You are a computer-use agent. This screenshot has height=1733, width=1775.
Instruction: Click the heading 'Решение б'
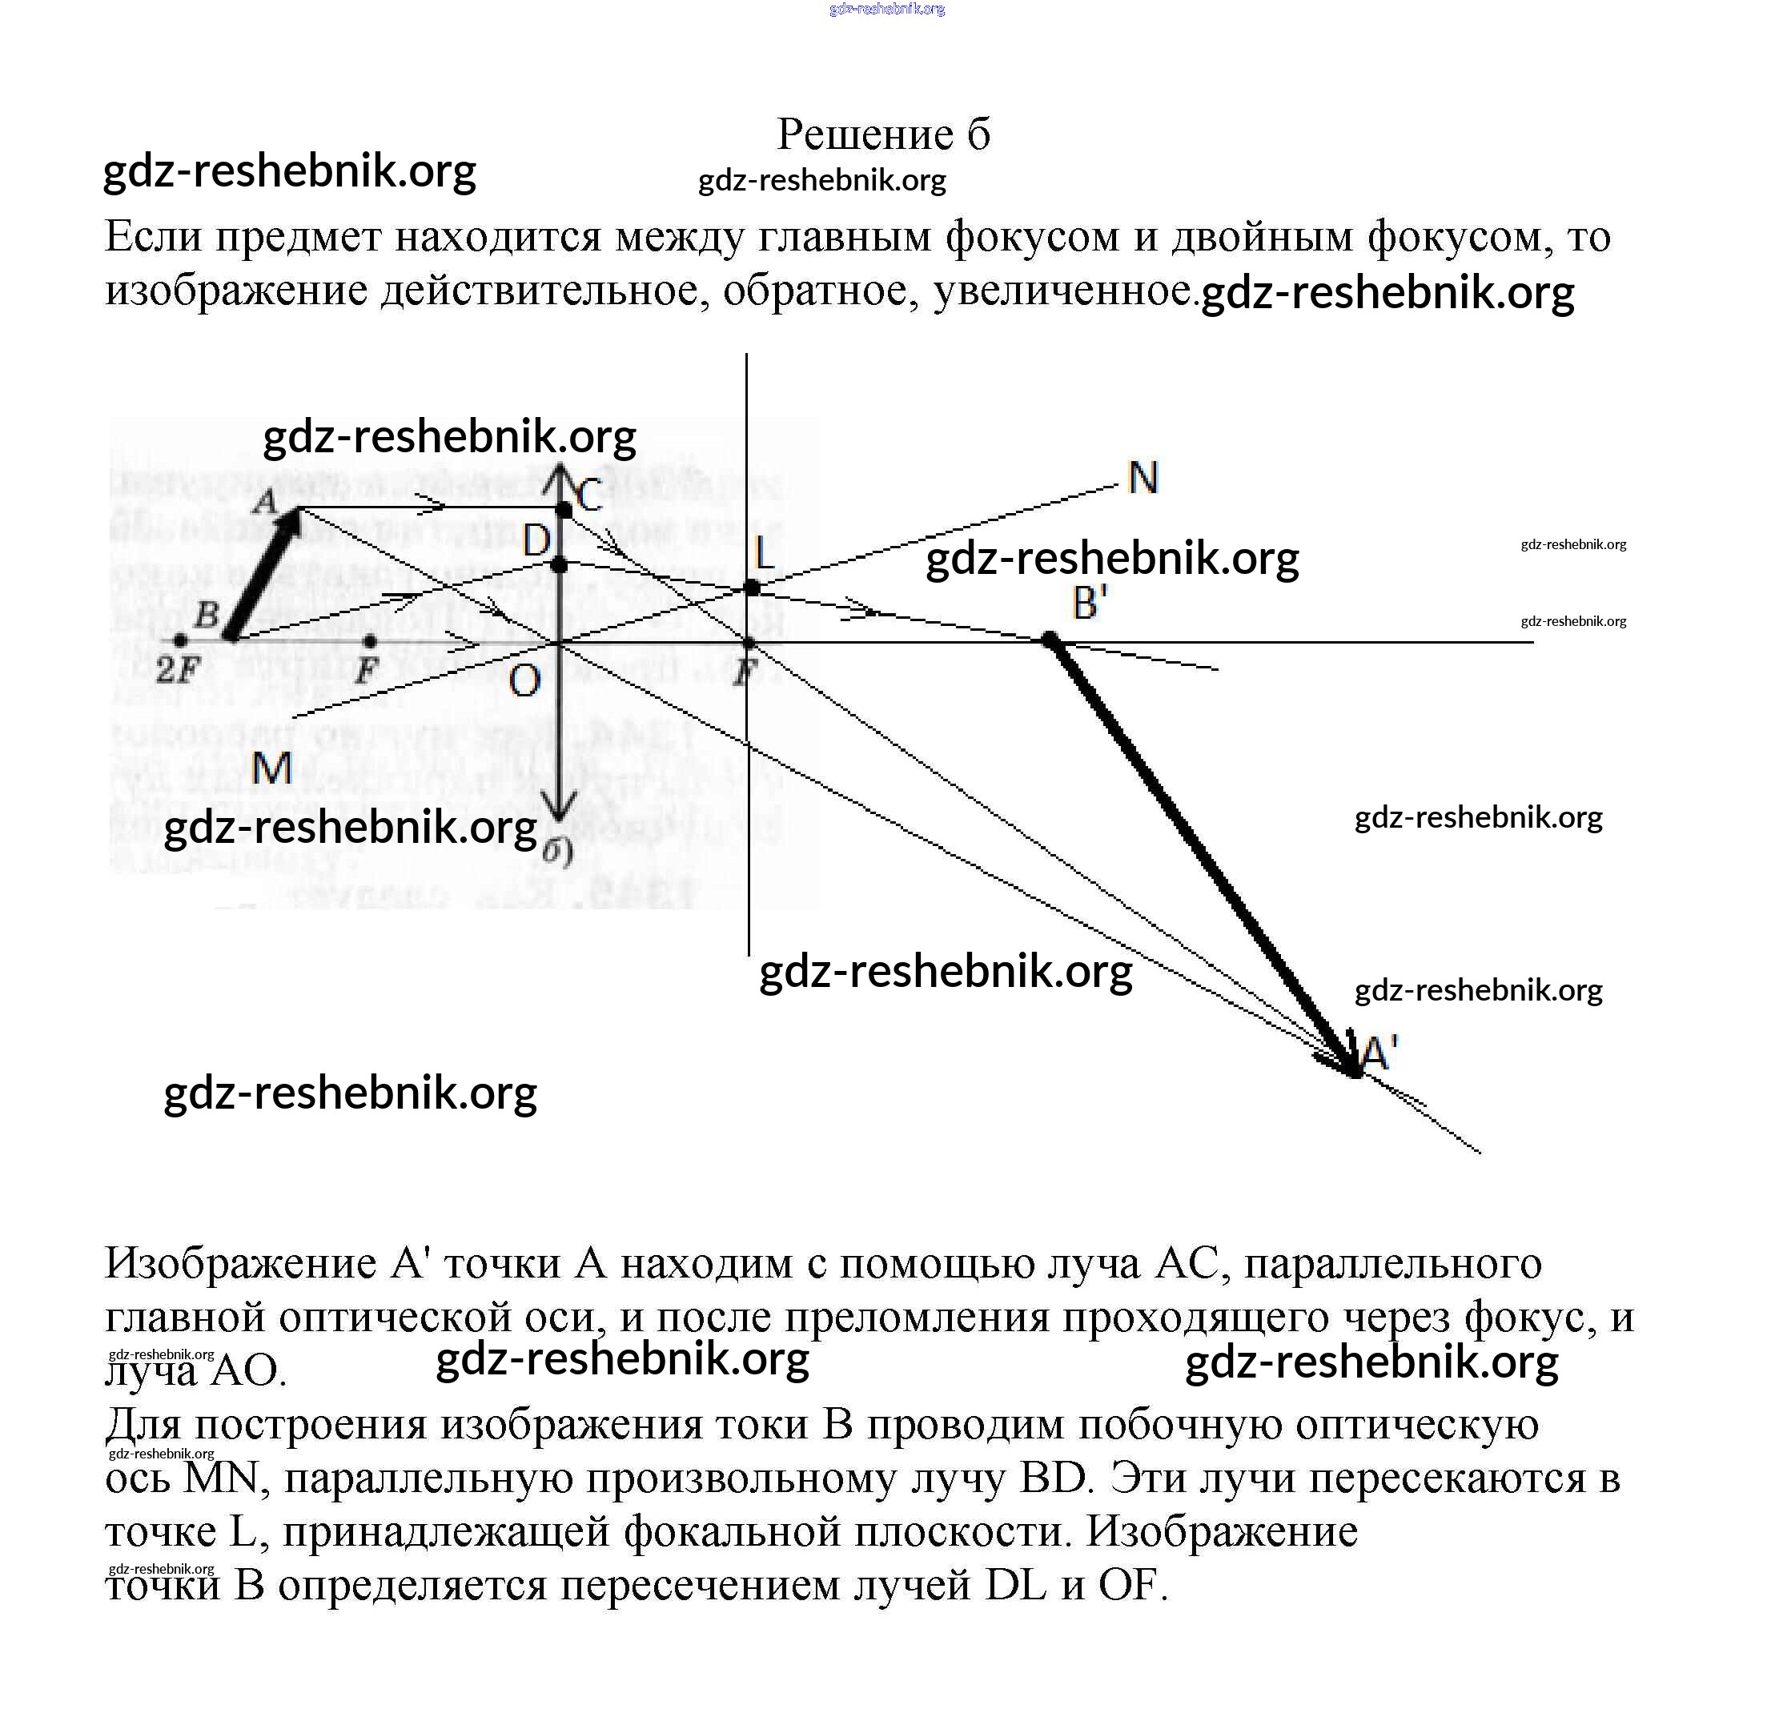[883, 134]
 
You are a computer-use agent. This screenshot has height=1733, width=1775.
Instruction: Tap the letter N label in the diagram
[1143, 478]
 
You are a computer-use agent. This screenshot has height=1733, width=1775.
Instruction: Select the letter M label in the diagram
[271, 768]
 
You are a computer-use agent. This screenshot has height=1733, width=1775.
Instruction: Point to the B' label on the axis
[1090, 604]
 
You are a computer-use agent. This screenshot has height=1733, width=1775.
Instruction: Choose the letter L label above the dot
[763, 552]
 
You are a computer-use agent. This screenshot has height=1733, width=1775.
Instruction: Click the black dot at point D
[560, 565]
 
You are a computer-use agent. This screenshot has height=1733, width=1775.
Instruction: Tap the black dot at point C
[564, 510]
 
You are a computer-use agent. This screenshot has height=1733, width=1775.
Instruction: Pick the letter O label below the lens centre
[525, 679]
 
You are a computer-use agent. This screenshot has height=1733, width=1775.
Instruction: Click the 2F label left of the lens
[178, 671]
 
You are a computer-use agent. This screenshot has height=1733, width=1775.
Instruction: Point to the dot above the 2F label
[181, 642]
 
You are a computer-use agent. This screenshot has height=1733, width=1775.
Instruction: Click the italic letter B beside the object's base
[207, 615]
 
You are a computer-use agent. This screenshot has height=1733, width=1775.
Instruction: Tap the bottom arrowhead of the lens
[560, 806]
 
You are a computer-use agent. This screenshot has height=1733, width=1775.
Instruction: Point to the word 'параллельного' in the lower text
[1392, 1263]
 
